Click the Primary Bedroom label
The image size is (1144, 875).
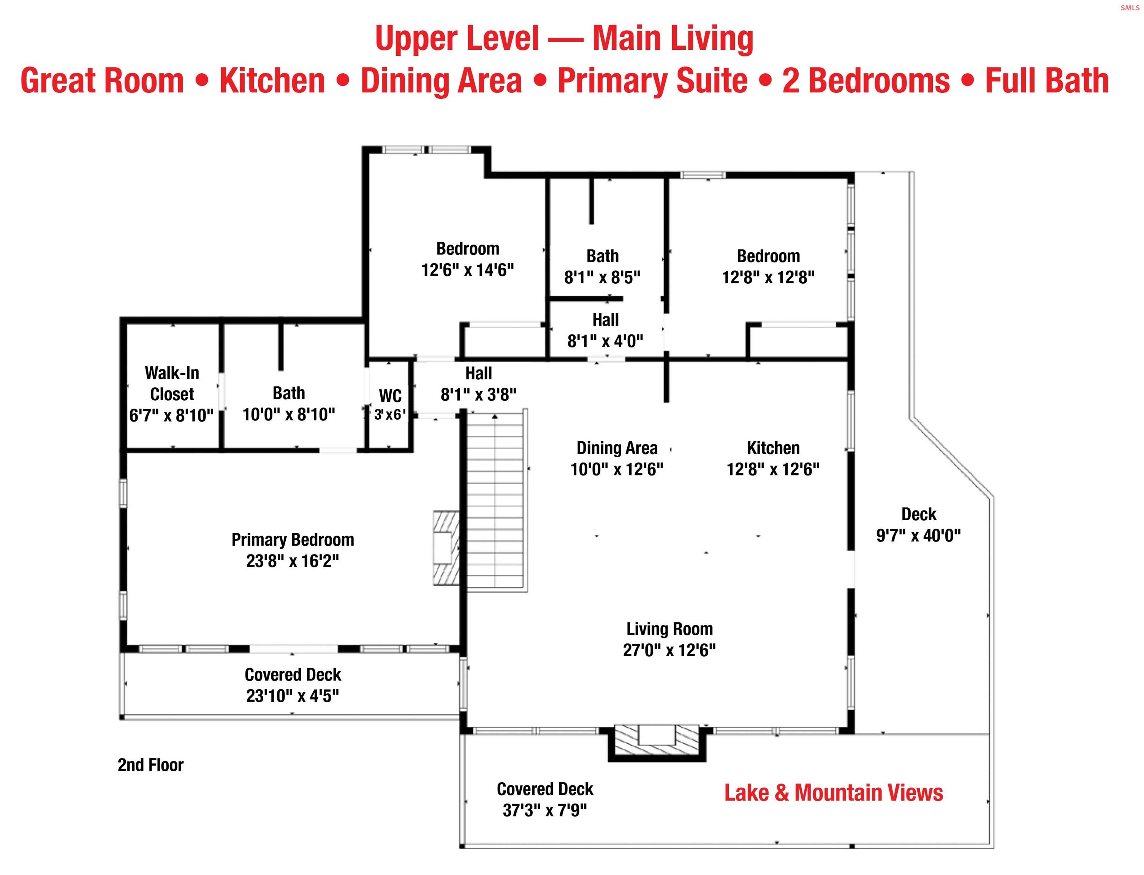point(293,540)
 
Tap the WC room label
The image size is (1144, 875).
point(390,396)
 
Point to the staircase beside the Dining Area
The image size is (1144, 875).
point(495,501)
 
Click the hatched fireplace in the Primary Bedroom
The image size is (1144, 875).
point(446,548)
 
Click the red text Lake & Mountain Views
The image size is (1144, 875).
point(834,793)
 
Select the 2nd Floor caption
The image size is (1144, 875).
point(150,764)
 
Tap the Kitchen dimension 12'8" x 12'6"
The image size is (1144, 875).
point(773,469)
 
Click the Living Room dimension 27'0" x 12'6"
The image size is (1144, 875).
point(669,650)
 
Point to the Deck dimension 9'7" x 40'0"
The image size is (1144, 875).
point(918,535)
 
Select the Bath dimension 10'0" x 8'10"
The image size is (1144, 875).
point(289,415)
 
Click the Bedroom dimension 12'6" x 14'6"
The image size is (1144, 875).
point(467,270)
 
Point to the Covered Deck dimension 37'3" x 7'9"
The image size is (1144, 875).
point(545,810)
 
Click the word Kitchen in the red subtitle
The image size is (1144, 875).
point(272,81)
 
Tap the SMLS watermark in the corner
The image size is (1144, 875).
point(1130,8)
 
